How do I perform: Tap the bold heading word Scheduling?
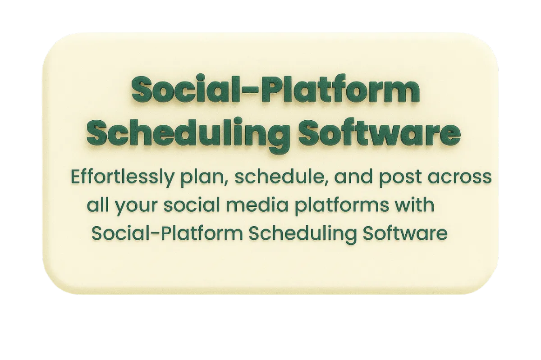(x=188, y=135)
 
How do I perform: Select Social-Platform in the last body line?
(x=167, y=233)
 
